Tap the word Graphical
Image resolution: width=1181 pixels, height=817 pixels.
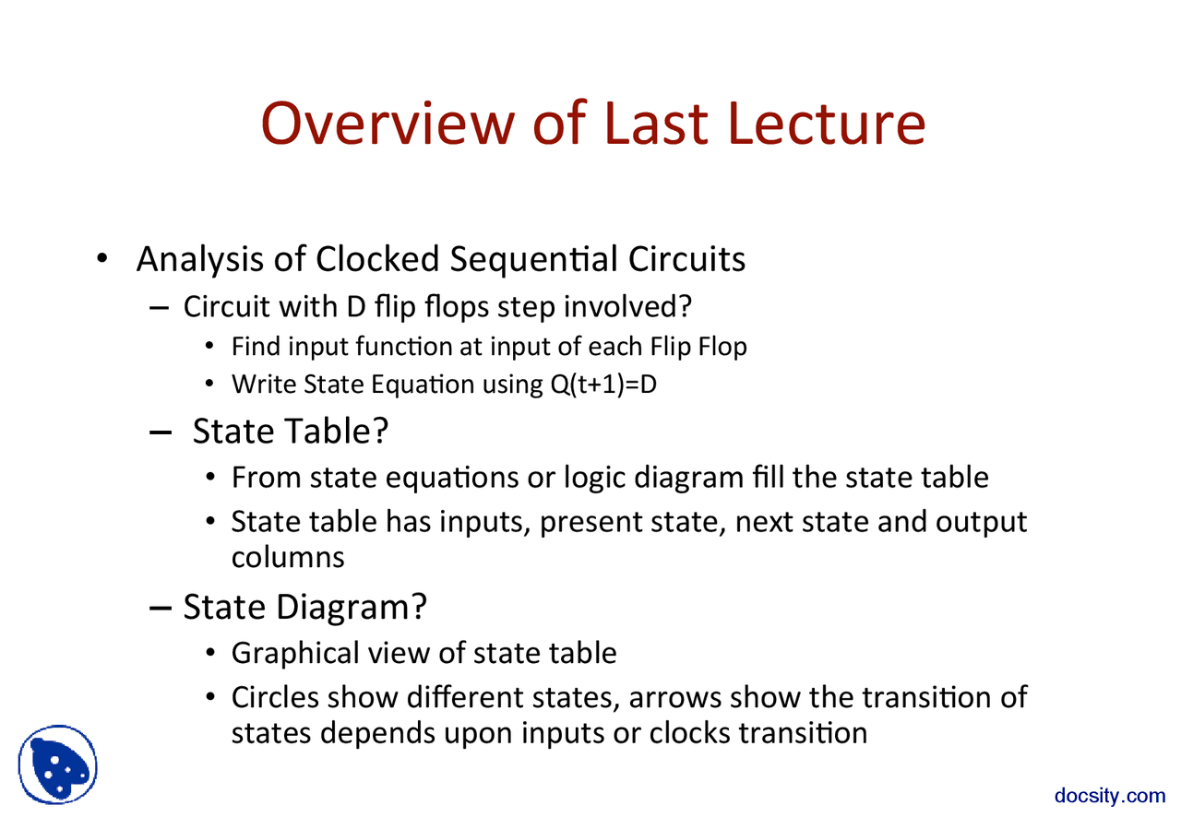click(295, 654)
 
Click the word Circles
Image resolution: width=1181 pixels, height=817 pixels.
click(273, 697)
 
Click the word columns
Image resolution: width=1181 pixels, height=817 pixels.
click(287, 557)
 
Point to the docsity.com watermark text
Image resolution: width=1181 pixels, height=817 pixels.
click(1110, 796)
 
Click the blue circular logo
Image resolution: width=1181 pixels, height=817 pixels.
click(57, 765)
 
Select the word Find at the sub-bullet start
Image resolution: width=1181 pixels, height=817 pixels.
click(256, 347)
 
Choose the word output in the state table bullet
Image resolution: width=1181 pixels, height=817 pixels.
click(982, 523)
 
